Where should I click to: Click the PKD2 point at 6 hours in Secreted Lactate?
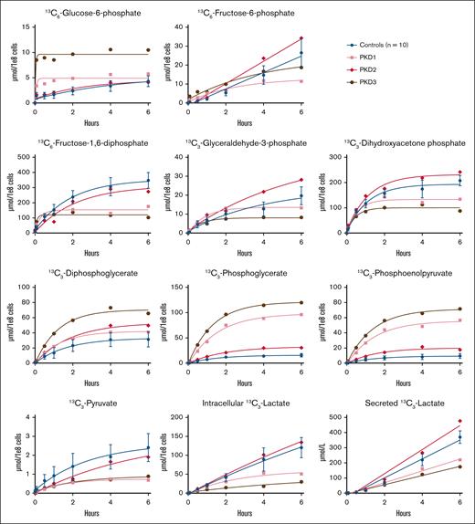tap(459, 422)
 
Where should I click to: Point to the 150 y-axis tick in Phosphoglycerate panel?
tap(180, 288)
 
